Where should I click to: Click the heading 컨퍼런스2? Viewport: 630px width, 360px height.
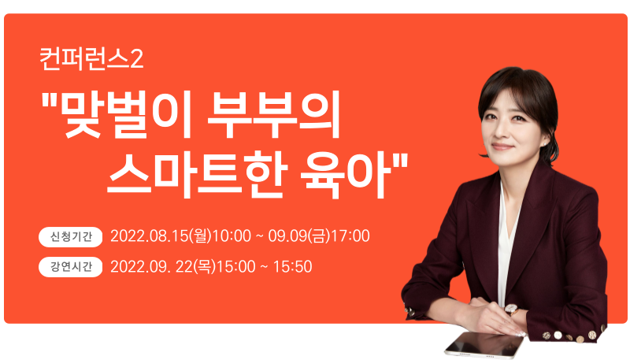[91, 58]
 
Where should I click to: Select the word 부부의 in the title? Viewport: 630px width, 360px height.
[274, 115]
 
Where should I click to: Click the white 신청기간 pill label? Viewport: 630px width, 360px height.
[71, 236]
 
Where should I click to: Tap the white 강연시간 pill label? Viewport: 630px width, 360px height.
[71, 267]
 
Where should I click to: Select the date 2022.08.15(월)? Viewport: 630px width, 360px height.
[161, 236]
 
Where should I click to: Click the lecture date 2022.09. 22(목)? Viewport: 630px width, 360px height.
[163, 267]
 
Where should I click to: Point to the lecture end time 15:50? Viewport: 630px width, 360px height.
[292, 267]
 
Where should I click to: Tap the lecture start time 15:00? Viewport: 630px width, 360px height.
[235, 267]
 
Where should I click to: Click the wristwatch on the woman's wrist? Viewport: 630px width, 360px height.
[511, 310]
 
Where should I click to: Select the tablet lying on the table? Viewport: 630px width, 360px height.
[484, 345]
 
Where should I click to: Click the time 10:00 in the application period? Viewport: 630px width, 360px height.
[232, 236]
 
